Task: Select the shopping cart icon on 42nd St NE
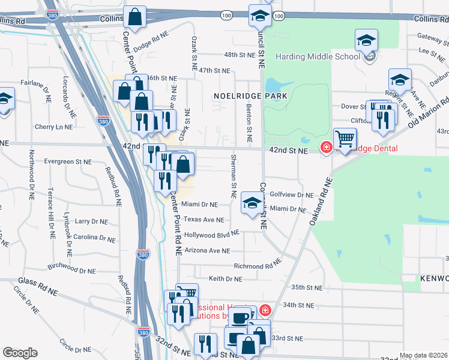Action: click(x=345, y=139)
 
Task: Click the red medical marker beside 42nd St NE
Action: click(x=327, y=147)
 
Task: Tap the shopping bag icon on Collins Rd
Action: click(x=134, y=17)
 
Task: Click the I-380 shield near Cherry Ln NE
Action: click(x=104, y=121)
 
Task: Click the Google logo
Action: click(x=20, y=353)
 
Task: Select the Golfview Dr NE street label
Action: click(x=292, y=195)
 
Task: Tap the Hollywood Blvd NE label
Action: click(x=211, y=235)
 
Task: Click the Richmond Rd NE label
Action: click(x=258, y=265)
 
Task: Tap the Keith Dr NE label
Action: click(x=225, y=278)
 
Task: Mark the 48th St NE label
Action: click(x=240, y=55)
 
